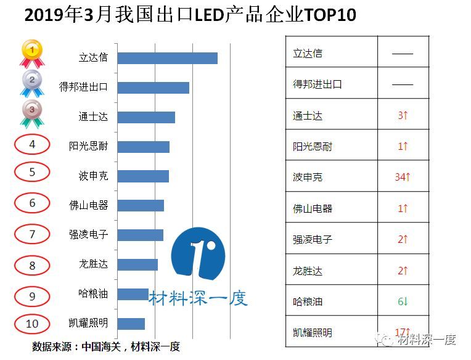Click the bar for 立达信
[x=167, y=58]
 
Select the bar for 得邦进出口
[x=153, y=88]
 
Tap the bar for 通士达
[x=146, y=117]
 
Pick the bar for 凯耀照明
[x=131, y=324]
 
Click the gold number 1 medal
[x=31, y=53]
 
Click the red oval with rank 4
[x=32, y=145]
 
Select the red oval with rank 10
[x=32, y=324]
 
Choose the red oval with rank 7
[x=32, y=234]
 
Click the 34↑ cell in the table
[x=403, y=177]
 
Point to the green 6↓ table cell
[x=403, y=301]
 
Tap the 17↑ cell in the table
[x=403, y=332]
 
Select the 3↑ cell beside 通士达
[x=403, y=115]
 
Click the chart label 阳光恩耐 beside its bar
[x=88, y=147]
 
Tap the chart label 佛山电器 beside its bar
[x=88, y=205]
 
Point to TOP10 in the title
[x=329, y=15]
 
